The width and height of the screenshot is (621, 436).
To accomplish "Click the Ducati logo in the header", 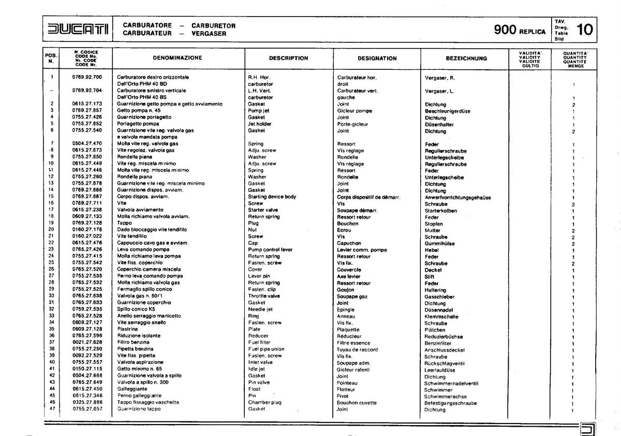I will [x=76, y=29].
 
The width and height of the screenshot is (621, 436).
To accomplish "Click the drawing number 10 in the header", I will [x=585, y=29].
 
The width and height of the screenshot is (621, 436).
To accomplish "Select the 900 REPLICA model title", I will [x=520, y=30].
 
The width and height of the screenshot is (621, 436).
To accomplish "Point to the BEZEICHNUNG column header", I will [x=466, y=58].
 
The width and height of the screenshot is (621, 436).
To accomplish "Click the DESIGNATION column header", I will [x=377, y=58].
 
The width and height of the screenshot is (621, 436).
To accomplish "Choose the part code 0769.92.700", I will [x=87, y=77].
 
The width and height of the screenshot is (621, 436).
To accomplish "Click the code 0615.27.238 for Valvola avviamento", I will [x=87, y=210].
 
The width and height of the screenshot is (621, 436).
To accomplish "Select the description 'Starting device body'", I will [x=272, y=197].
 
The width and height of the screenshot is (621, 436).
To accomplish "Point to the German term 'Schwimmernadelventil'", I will [x=451, y=383].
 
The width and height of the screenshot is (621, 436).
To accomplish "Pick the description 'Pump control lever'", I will [x=270, y=250].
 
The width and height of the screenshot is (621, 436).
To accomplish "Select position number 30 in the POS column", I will [x=51, y=296].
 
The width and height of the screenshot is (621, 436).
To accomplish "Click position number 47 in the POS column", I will [x=51, y=409].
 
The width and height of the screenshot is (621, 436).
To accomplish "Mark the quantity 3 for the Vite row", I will [x=573, y=204].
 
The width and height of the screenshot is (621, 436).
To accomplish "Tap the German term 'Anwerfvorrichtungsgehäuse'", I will [x=457, y=198].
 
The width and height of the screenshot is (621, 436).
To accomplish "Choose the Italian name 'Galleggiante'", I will [x=132, y=389].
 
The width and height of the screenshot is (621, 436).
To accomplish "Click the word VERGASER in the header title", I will [x=209, y=34].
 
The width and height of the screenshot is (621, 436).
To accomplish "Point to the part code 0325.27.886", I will [x=87, y=402].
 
